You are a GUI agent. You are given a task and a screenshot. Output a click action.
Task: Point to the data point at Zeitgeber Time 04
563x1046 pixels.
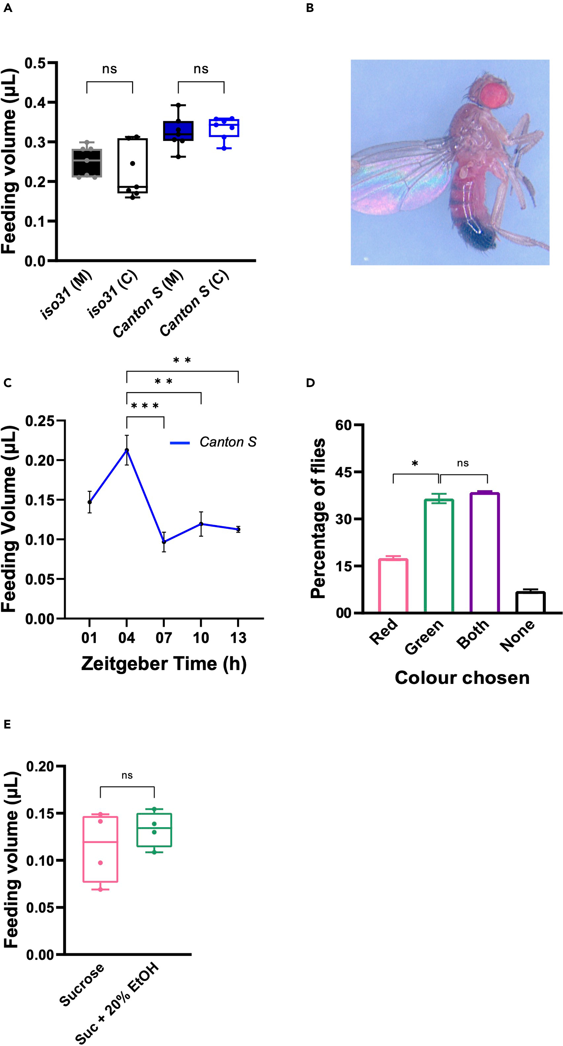(x=127, y=450)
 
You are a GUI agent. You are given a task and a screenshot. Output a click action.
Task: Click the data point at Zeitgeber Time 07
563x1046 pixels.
(x=164, y=542)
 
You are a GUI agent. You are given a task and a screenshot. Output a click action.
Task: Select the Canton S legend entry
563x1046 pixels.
(x=213, y=442)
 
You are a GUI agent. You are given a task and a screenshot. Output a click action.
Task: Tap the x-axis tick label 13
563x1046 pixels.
(x=238, y=638)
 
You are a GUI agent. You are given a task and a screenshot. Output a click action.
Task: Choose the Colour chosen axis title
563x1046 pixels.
(x=462, y=678)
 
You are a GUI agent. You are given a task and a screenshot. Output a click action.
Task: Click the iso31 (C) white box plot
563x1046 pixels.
(x=132, y=166)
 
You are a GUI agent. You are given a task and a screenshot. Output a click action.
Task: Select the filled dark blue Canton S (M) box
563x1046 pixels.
(x=178, y=131)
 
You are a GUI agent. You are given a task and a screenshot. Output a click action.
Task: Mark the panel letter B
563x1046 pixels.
(x=310, y=8)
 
